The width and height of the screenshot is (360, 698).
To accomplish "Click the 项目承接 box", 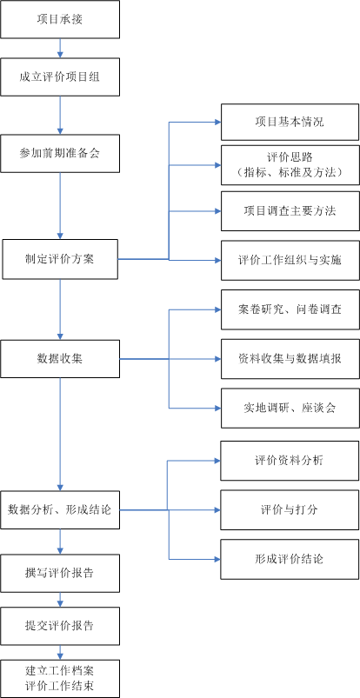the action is click(60, 19).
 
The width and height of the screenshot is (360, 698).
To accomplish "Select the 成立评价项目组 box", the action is click(60, 76).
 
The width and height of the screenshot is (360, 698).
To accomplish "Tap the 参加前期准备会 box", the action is click(60, 153).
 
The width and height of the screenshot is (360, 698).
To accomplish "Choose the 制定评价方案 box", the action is click(60, 259).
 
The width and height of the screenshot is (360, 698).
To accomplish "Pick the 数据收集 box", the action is click(60, 359).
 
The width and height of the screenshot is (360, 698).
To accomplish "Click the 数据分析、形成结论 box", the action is click(60, 509).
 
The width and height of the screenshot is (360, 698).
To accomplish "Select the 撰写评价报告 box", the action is click(60, 573).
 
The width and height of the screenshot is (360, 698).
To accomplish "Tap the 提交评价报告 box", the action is click(60, 626).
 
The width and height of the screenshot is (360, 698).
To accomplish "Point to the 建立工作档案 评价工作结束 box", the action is click(60, 678).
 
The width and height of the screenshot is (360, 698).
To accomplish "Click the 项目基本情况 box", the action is click(290, 122).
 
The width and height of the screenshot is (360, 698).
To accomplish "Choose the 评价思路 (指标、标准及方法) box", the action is click(290, 165).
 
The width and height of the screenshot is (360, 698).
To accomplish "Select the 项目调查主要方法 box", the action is click(290, 211).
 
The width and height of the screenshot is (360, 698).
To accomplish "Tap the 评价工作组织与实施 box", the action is click(290, 261).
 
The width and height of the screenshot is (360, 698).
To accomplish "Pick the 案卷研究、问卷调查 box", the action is click(290, 309).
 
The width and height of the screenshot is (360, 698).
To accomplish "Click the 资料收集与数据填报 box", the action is click(290, 359).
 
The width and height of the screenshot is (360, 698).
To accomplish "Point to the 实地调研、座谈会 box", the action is click(290, 409).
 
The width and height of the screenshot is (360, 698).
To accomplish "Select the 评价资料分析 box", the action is click(290, 461).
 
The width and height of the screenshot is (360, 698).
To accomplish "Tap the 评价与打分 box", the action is click(290, 510).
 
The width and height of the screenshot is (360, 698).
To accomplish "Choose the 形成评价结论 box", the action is click(290, 559).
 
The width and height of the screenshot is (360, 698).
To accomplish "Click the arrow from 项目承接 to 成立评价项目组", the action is click(60, 48).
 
